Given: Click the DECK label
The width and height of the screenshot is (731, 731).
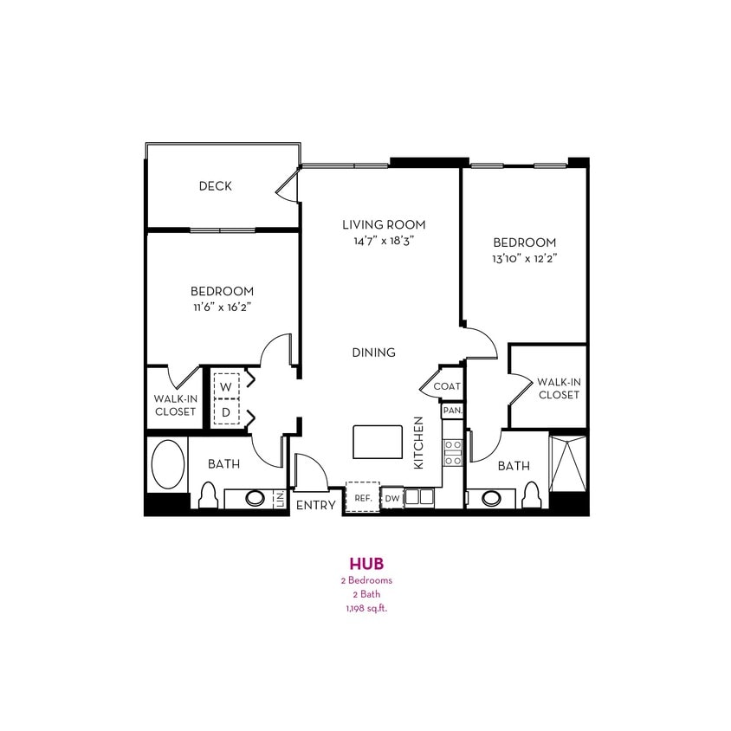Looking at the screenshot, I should point(215,186).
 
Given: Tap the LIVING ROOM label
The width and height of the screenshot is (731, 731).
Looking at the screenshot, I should point(384,225).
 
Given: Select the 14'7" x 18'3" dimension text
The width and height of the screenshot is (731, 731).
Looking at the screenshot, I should point(384,242).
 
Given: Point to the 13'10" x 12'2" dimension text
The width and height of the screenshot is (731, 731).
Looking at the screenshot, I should point(524,258).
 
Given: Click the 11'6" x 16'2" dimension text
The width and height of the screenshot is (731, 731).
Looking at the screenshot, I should point(223,307).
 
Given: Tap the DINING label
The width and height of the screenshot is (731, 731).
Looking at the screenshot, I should point(374,353).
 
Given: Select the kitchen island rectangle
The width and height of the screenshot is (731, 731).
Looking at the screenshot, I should point(378,442).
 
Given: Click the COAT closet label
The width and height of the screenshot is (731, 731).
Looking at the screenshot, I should point(447,386).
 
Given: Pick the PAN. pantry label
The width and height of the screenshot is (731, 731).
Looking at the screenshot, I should point(452,411).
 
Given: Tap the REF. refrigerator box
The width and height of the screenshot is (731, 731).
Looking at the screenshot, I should point(362,498).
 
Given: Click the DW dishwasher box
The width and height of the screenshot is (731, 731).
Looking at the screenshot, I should point(391,498).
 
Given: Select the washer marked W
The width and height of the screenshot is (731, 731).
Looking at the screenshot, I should point(225,386).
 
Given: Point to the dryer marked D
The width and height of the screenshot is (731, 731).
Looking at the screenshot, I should point(225,412).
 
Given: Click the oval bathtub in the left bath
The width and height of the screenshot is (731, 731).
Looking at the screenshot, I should point(168,464).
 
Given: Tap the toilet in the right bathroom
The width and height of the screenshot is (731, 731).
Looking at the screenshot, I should point(533,496).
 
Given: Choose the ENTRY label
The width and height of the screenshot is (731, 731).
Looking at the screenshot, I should point(315,505).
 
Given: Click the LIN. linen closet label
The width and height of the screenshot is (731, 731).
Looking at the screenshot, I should point(280,499).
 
